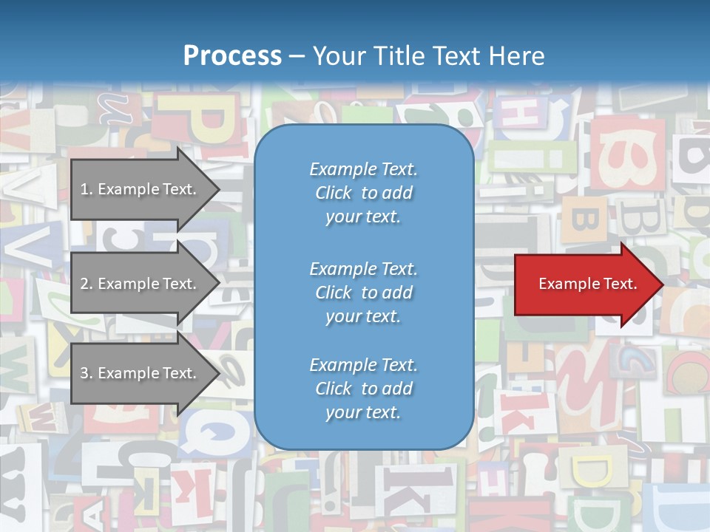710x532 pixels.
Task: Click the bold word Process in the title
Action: point(232,56)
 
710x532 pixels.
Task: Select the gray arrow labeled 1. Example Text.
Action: point(141,189)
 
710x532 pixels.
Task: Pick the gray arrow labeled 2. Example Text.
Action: point(141,284)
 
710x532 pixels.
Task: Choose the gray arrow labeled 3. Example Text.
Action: point(141,373)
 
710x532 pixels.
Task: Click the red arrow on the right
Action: point(584,284)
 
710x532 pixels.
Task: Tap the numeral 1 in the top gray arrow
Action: point(84,189)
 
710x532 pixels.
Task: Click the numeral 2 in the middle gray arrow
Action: point(84,284)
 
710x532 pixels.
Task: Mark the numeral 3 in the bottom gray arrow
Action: point(84,373)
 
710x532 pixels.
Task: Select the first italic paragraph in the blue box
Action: point(363,193)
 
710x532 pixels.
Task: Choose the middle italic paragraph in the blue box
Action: point(363,293)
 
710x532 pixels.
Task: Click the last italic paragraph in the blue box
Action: point(363,389)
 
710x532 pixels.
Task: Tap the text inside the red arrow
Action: point(587,284)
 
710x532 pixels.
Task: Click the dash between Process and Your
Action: point(297,56)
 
